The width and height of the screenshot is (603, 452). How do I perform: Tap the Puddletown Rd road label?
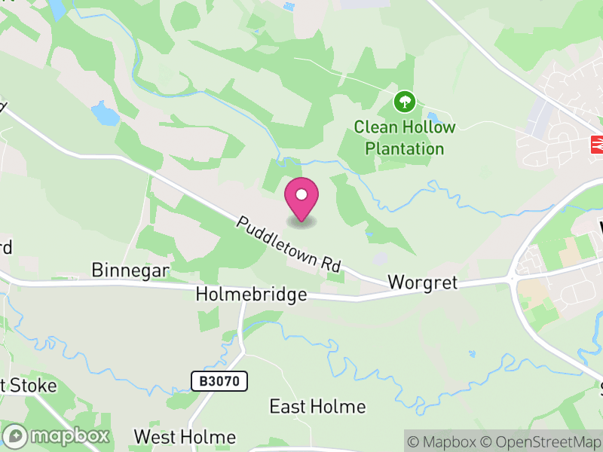[289, 244]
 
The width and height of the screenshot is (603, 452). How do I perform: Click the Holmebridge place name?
[251, 294]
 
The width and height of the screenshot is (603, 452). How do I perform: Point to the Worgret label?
[423, 282]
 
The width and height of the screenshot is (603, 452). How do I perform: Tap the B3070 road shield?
[219, 381]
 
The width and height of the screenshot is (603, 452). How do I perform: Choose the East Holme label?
[317, 407]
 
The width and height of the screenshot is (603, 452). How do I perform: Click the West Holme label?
[185, 437]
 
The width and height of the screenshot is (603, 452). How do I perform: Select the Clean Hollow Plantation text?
[405, 137]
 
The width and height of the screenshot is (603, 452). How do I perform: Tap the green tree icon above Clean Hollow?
[406, 101]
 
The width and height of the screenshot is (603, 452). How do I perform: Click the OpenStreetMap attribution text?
[542, 441]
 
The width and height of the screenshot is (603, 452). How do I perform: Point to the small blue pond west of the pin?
[106, 114]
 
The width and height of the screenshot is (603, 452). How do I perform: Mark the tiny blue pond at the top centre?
[289, 7]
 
